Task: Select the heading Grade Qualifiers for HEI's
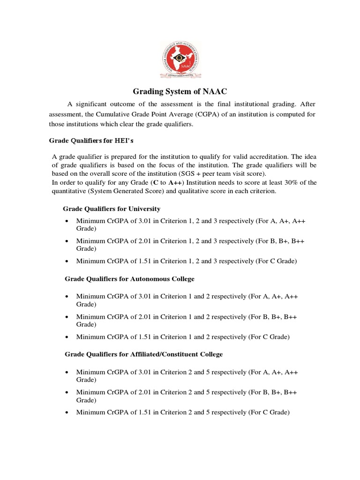coord(88,141)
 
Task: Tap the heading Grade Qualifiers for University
coord(112,209)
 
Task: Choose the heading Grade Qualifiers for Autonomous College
coord(129,279)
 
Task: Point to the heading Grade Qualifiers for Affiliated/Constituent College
coord(143,354)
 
